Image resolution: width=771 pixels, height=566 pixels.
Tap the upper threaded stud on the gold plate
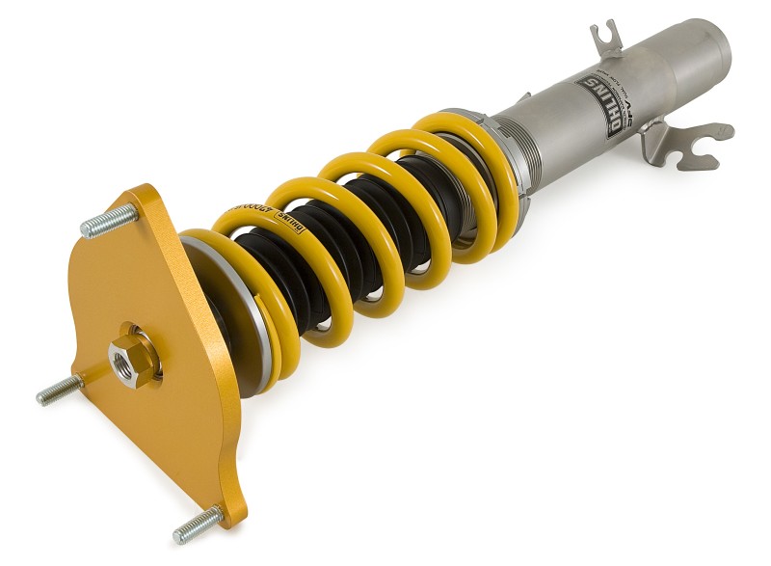pos(108,222)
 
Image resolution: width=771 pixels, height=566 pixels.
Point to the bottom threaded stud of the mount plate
pos(197,525)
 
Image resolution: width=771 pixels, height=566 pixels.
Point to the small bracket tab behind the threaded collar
pos(522,97)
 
